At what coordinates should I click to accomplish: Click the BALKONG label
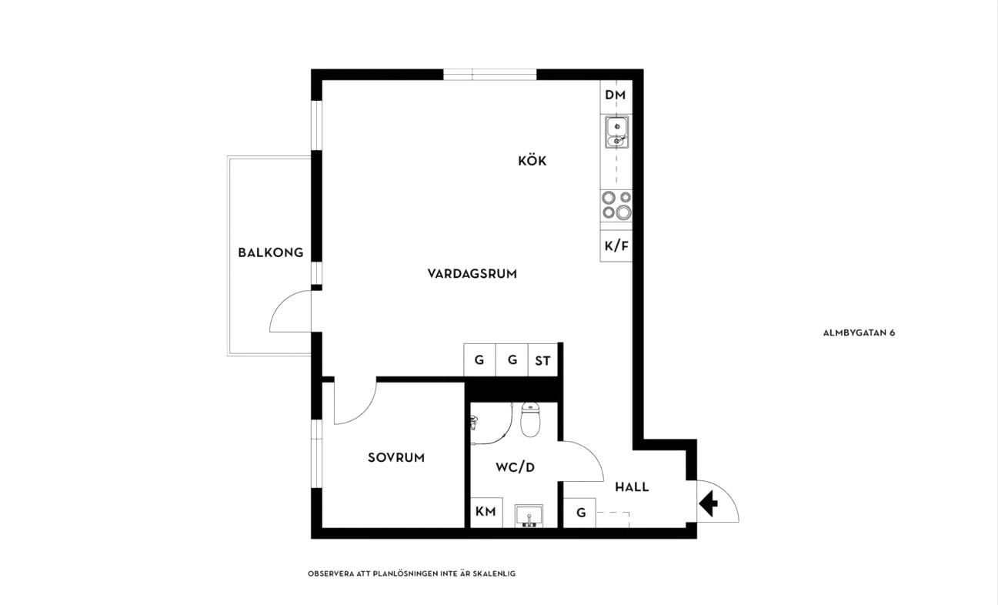click(x=270, y=252)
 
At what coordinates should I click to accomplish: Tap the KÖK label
click(x=532, y=160)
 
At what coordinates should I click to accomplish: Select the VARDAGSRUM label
click(x=472, y=274)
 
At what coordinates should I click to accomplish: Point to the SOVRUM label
click(x=396, y=457)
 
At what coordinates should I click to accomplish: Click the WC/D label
click(x=515, y=467)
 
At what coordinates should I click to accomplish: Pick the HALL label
click(x=632, y=487)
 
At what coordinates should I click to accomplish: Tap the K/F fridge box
click(x=616, y=246)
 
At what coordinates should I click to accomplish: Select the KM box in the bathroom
click(x=486, y=513)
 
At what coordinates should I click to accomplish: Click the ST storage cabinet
click(x=542, y=360)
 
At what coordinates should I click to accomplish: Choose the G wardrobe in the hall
click(x=580, y=513)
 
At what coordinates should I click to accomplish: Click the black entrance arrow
click(x=708, y=503)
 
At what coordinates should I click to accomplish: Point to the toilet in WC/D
click(x=530, y=419)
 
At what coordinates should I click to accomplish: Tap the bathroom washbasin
click(x=529, y=516)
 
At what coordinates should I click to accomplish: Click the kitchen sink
click(x=617, y=132)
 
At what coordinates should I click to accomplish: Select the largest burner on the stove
click(x=624, y=212)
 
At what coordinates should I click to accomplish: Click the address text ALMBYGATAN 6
click(x=859, y=333)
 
